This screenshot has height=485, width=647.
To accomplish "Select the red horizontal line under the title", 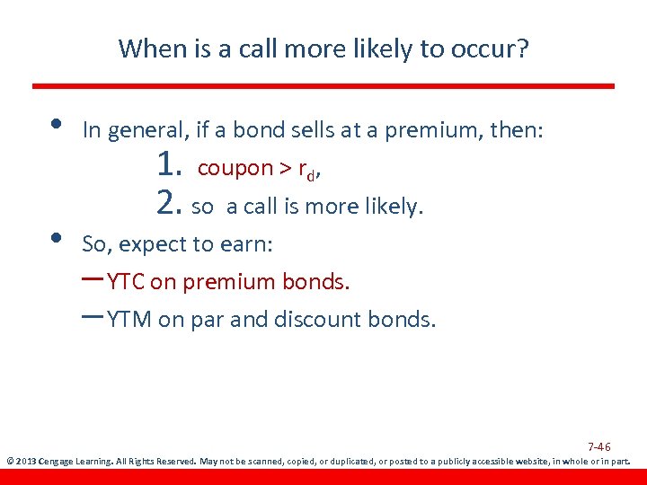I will [323, 86].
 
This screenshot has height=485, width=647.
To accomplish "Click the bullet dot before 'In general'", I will [56, 124].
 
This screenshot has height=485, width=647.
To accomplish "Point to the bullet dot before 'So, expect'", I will [56, 237].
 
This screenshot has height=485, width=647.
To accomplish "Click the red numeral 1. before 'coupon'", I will [169, 166].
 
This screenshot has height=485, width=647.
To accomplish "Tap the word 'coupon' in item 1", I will [235, 168].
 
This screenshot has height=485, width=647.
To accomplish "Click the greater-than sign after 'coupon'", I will [287, 168].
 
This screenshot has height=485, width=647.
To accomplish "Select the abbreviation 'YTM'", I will [129, 320].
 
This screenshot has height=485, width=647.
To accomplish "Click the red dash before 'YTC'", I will [92, 279].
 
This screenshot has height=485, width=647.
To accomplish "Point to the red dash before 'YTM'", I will [92, 317].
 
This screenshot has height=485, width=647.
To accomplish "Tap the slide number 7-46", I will [598, 447].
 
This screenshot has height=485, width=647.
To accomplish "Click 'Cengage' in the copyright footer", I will [58, 463].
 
